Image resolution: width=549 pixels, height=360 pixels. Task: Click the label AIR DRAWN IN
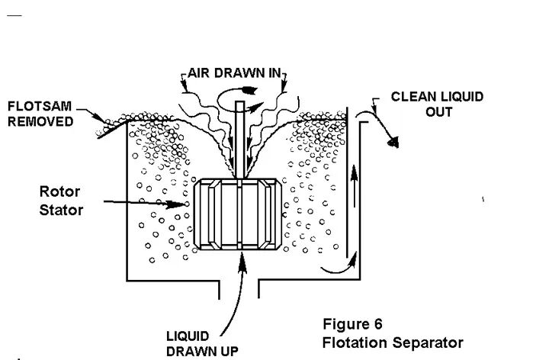coord(233,76)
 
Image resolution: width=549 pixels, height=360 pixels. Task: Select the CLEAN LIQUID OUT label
coord(437,104)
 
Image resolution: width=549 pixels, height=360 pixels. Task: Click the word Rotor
coord(59,191)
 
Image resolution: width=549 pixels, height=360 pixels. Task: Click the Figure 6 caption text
coord(352,324)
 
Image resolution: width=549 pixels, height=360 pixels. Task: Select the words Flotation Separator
coord(392,342)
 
